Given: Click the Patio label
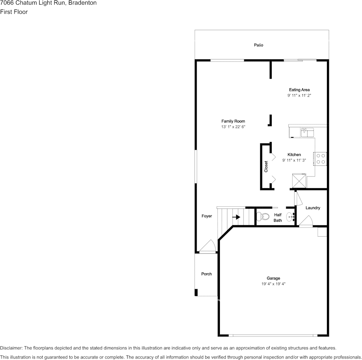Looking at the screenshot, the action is pyautogui.click(x=258, y=45).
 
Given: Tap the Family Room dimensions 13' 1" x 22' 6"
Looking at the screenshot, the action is pyautogui.click(x=233, y=127).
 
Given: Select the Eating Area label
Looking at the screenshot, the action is pyautogui.click(x=299, y=90).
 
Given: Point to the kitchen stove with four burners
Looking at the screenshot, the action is pyautogui.click(x=320, y=159).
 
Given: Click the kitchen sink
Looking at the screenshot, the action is pyautogui.click(x=307, y=132).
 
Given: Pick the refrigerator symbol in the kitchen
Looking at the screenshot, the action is pyautogui.click(x=299, y=181).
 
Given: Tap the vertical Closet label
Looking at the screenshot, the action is pyautogui.click(x=266, y=167).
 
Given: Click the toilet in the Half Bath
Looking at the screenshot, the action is pyautogui.click(x=263, y=217).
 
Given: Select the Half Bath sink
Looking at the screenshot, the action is pyautogui.click(x=290, y=217).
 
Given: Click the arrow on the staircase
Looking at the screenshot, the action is pyautogui.click(x=236, y=217).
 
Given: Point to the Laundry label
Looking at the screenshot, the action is pyautogui.click(x=313, y=208).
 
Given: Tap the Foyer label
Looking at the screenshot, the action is pyautogui.click(x=207, y=216).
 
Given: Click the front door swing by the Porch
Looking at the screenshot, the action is pyautogui.click(x=208, y=246).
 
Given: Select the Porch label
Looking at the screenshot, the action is pyautogui.click(x=207, y=274).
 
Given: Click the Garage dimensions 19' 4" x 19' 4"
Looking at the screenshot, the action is pyautogui.click(x=273, y=284).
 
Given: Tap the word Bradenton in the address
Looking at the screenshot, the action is pyautogui.click(x=82, y=3).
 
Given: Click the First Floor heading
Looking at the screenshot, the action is pyautogui.click(x=14, y=12).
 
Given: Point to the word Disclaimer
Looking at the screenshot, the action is pyautogui.click(x=11, y=348).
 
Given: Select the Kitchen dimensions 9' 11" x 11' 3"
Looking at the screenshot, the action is pyautogui.click(x=294, y=160).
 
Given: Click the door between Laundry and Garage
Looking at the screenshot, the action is pyautogui.click(x=306, y=221).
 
